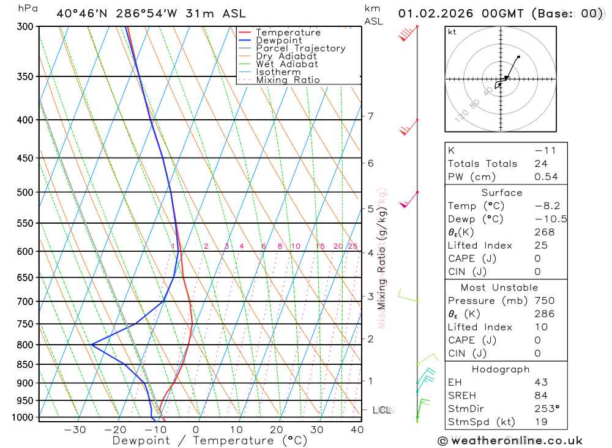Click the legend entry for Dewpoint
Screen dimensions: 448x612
[279, 40]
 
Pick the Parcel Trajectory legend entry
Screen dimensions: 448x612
[300, 48]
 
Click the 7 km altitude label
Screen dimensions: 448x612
[370, 116]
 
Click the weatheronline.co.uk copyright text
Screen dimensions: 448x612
[510, 441]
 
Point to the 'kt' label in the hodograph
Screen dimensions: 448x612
[452, 32]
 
